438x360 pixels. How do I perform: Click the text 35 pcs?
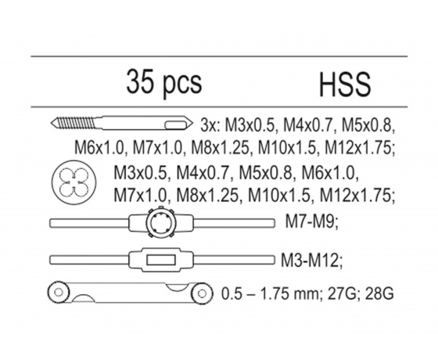(164, 83)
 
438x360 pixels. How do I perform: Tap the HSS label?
(345, 85)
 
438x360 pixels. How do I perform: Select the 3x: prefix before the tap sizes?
(210, 125)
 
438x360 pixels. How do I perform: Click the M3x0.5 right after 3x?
(251, 125)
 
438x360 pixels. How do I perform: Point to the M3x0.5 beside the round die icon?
(141, 173)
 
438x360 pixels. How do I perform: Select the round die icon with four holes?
(74, 182)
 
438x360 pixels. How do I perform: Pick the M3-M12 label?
(311, 260)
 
